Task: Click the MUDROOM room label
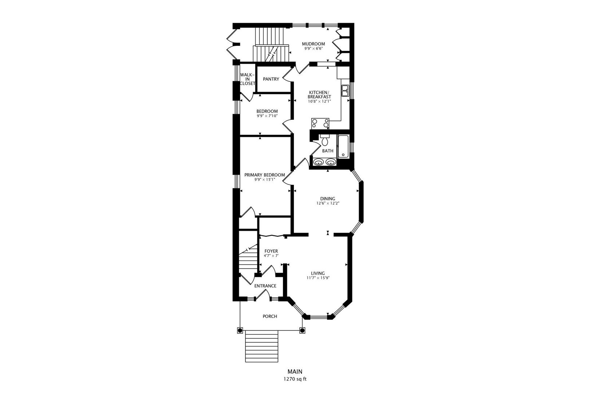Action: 313,44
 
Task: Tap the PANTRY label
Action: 271,79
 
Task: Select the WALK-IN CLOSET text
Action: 247,79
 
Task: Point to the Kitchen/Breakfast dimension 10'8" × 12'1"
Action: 319,101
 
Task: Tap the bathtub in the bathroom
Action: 343,146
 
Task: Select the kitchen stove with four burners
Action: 320,124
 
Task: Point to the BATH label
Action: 328,151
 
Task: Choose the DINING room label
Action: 328,199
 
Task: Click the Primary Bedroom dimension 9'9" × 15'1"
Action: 265,179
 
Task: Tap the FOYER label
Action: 271,251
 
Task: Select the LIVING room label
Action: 318,273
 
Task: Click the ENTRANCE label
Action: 265,286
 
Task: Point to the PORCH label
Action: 270,316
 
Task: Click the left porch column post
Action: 240,330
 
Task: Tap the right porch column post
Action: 302,330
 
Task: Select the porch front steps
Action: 261,346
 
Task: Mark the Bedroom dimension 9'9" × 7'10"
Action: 267,116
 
